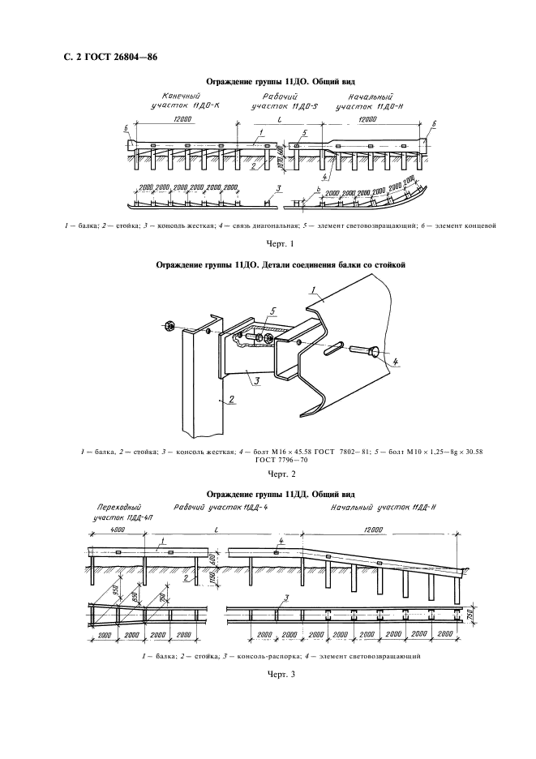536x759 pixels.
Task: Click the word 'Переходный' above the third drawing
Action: point(110,505)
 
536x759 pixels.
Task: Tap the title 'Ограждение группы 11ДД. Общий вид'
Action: point(277,493)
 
